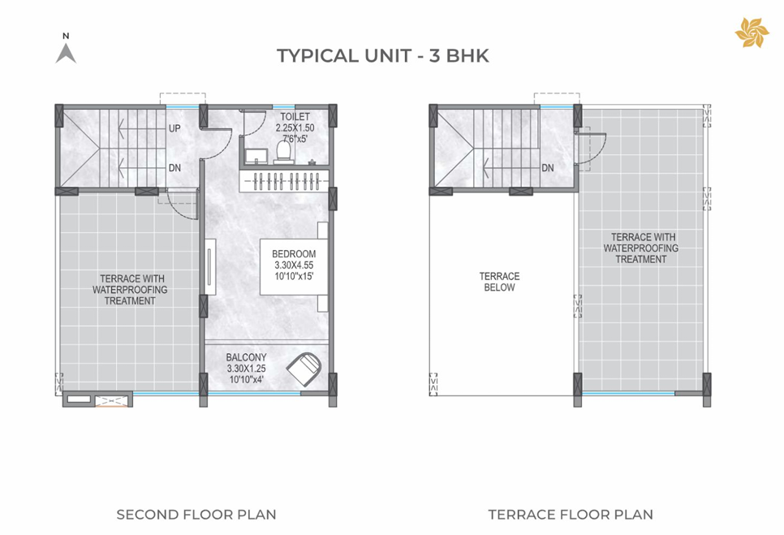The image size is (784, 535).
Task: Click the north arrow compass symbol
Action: pos(66,50)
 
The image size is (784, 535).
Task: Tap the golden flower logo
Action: pos(751,33)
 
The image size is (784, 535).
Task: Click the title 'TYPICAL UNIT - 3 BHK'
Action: pos(382,56)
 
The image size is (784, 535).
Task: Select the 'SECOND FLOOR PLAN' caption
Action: pos(196,515)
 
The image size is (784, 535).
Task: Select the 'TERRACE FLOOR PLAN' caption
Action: pos(570,515)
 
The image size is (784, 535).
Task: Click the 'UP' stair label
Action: pos(174,128)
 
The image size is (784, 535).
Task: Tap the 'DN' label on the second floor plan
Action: pos(174,168)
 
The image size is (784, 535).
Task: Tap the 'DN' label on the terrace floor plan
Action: pos(548,168)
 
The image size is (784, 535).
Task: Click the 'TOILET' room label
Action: pos(290,117)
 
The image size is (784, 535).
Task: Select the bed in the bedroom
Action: pos(294,265)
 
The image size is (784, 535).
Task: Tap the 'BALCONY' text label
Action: pos(246,357)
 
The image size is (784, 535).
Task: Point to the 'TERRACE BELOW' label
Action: pos(498,282)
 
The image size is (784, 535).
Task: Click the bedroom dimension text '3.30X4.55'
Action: pos(294,265)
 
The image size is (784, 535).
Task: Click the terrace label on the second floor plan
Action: pos(130,290)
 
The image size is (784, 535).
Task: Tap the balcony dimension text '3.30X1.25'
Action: pos(246,368)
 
